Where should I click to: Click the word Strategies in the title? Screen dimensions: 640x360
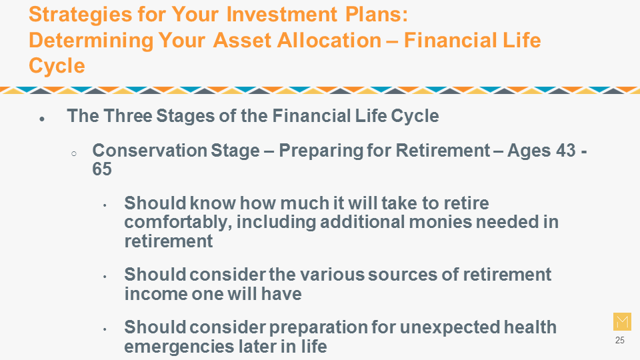point(80,15)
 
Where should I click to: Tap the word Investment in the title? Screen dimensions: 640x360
point(281,14)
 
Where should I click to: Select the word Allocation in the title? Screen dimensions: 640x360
point(329,40)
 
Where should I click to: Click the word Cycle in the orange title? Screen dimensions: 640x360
point(57,66)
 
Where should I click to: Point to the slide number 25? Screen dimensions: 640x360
point(619,340)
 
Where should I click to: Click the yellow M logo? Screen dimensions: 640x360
point(622,321)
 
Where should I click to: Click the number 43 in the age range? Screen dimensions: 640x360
point(566,151)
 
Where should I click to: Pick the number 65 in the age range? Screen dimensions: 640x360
point(102,169)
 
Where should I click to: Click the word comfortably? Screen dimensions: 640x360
point(178,223)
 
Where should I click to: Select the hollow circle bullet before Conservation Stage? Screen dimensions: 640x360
point(74,154)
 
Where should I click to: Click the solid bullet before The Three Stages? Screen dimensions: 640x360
point(42,119)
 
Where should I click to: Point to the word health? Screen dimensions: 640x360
point(530,327)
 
